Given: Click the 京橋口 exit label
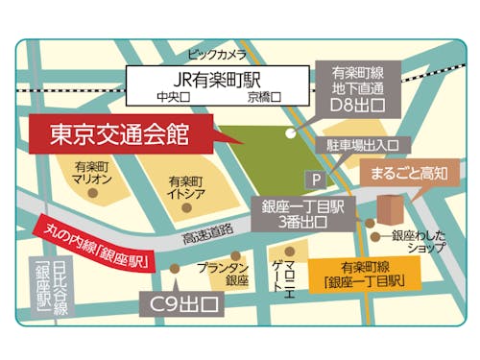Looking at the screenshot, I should (263, 97).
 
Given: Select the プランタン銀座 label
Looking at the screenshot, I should (224, 274).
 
